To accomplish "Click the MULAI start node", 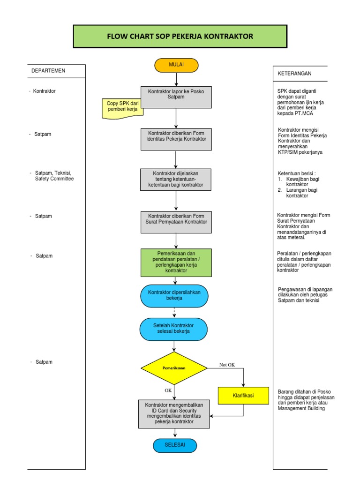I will pyautogui.click(x=176, y=65).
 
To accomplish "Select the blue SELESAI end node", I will pyautogui.click(x=175, y=445).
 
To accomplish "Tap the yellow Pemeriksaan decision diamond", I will pyautogui.click(x=174, y=368).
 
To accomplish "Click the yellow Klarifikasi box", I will pyautogui.click(x=243, y=396).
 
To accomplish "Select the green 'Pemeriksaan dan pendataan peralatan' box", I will pyautogui.click(x=176, y=262).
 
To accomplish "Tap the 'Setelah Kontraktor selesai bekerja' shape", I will pyautogui.click(x=174, y=329).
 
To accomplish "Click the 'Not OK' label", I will pyautogui.click(x=227, y=365).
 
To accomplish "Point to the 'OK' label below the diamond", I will pyautogui.click(x=168, y=390).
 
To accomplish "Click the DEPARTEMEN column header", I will pyautogui.click(x=48, y=71).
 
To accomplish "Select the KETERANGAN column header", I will pyautogui.click(x=294, y=74).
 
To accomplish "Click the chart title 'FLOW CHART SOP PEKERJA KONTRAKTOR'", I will pyautogui.click(x=180, y=37).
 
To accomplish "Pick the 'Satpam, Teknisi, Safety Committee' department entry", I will pyautogui.click(x=54, y=176).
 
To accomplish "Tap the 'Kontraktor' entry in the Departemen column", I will pyautogui.click(x=44, y=91).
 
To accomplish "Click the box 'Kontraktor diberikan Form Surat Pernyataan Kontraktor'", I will pyautogui.click(x=176, y=222).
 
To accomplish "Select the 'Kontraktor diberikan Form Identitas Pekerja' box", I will pyautogui.click(x=176, y=139).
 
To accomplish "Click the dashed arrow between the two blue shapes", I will pyautogui.click(x=174, y=312).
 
